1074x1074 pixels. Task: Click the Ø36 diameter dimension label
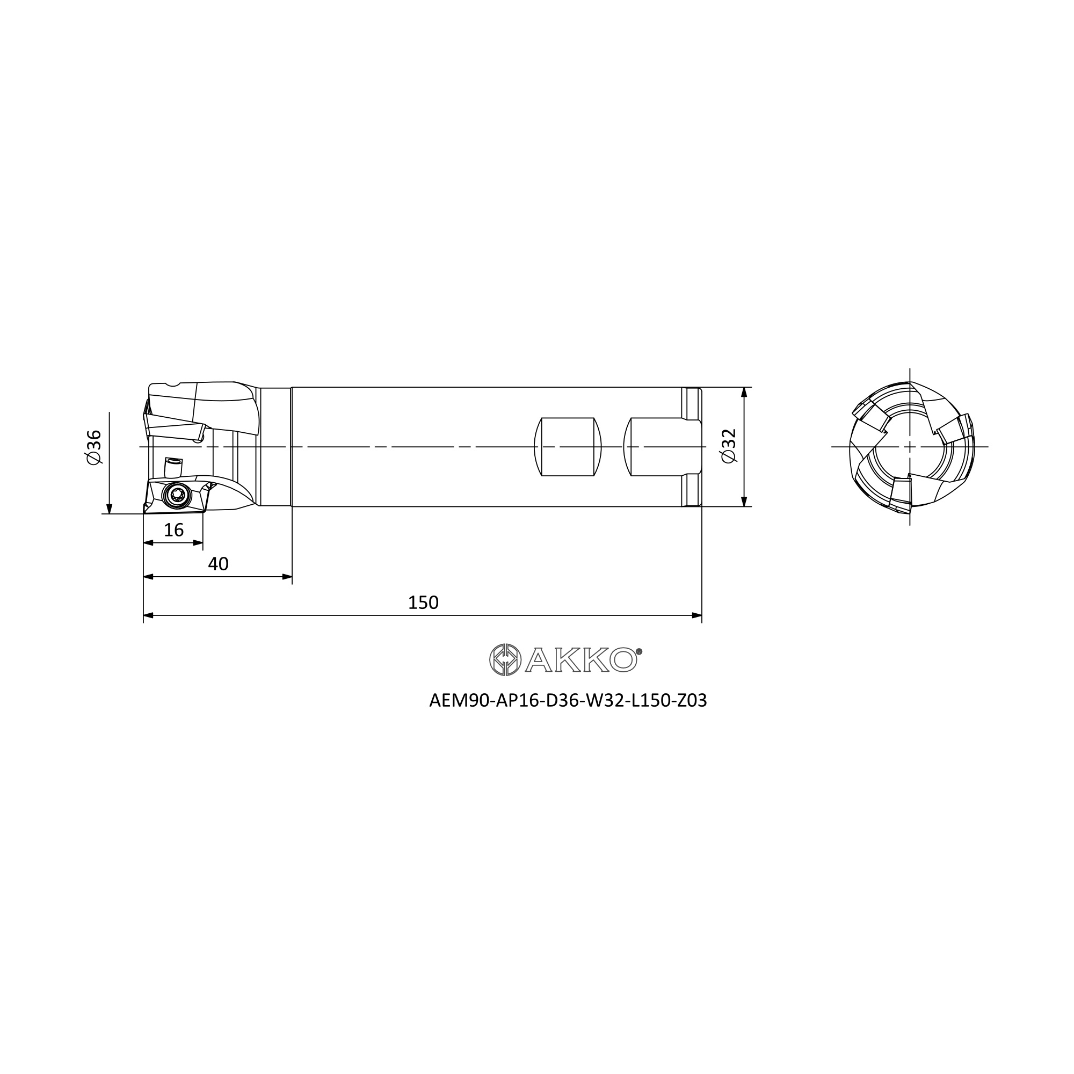point(95,447)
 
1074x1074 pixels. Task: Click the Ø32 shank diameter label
point(728,446)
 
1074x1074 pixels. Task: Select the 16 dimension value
point(174,530)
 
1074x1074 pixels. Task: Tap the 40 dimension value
point(218,564)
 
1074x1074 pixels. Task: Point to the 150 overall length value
point(423,603)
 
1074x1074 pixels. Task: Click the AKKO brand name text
point(580,661)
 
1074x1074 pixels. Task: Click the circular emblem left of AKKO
point(505,660)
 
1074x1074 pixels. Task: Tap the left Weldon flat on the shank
point(568,447)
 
